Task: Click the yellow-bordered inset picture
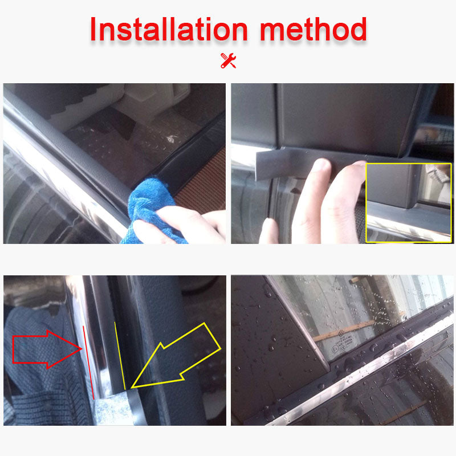click(408, 202)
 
